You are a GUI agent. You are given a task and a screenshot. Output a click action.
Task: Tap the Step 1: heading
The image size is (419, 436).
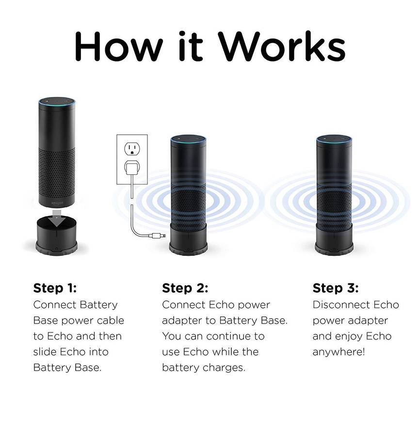point(55,288)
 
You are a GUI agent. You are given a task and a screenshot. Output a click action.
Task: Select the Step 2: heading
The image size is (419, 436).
point(185,288)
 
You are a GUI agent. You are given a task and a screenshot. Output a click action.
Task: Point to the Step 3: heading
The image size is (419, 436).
point(336,288)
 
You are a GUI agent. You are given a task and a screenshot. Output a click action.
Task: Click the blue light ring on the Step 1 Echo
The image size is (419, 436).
point(57,101)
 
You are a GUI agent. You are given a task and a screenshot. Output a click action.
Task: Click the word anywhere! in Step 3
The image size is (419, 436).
point(338,352)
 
